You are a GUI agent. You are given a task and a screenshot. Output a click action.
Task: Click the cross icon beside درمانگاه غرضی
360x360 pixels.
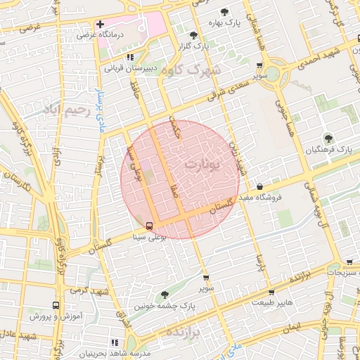click(x=101, y=24)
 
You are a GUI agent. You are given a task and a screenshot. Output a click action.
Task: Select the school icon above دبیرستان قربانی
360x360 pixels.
click(x=129, y=58)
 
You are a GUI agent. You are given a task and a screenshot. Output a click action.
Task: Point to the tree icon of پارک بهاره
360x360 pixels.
click(x=224, y=12)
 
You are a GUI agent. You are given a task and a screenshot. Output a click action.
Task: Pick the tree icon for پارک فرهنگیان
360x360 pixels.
click(x=328, y=138)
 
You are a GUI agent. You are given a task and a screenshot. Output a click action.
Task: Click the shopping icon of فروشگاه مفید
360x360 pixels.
click(x=262, y=187)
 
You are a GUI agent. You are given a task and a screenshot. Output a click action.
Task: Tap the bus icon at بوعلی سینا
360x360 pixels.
click(x=149, y=226)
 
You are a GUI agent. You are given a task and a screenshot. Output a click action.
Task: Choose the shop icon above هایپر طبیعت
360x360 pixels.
click(x=271, y=292)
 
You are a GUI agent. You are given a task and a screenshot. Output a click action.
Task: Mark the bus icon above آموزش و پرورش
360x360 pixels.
click(x=56, y=306)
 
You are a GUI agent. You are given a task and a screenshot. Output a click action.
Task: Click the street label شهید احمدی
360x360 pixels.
click(x=327, y=56)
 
